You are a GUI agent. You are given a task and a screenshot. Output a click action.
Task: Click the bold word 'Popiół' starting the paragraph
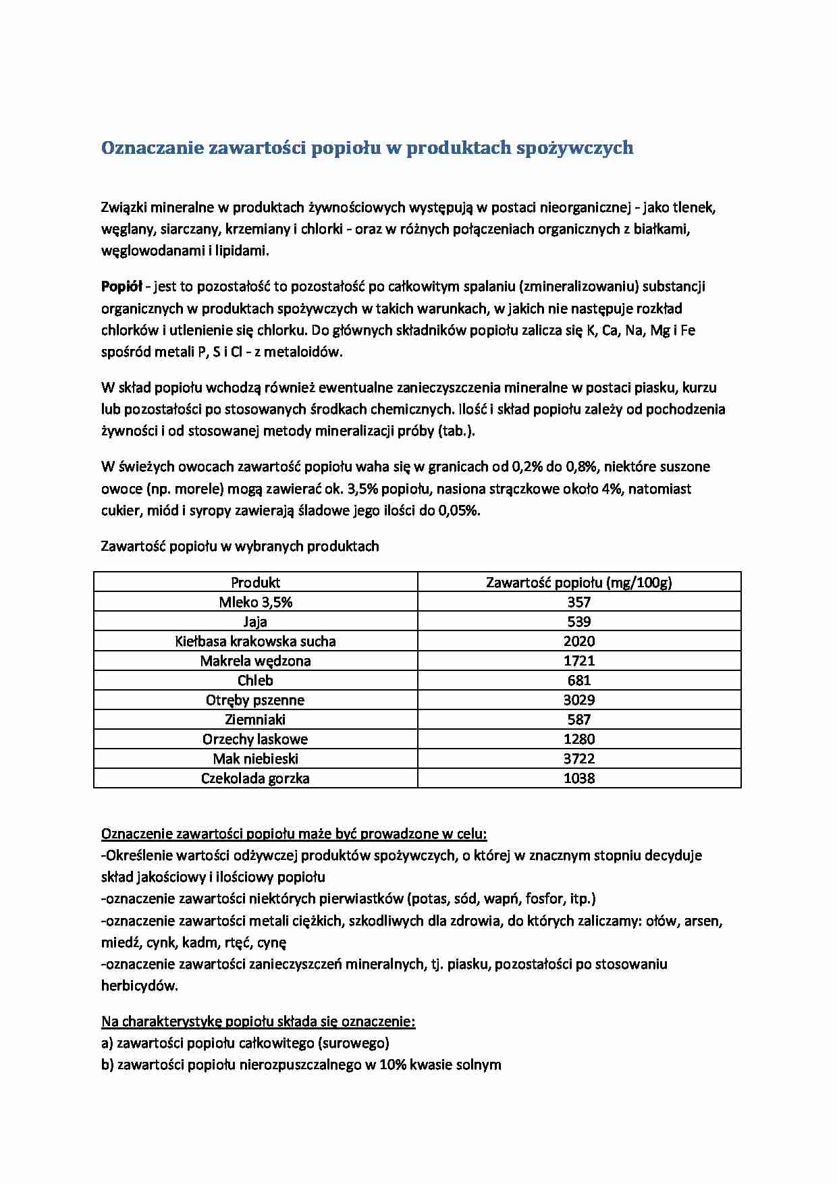pos(121,286)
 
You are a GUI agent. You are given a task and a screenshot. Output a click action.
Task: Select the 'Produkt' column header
pos(255,583)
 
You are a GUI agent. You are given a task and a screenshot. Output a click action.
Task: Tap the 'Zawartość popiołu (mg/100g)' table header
pos(578,583)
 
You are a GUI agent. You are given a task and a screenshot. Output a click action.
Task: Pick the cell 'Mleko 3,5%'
pos(255,602)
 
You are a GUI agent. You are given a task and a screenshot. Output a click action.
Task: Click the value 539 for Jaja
pos(578,622)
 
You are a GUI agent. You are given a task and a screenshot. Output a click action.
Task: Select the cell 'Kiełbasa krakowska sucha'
pos(255,641)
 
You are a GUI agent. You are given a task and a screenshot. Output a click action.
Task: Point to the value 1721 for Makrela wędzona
pos(578,661)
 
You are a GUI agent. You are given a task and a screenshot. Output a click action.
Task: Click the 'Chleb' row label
pos(255,680)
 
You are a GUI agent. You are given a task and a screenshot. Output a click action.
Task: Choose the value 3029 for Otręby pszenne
pos(578,700)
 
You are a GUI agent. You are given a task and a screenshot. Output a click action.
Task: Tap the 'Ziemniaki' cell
pos(255,720)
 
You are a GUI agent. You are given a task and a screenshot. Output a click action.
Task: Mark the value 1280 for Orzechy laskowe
pos(578,739)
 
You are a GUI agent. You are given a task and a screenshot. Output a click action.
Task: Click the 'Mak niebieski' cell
pos(255,759)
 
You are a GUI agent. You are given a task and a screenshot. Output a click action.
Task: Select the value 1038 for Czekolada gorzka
pos(578,778)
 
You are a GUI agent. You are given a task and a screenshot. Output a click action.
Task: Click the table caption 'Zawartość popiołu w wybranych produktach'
pos(240,546)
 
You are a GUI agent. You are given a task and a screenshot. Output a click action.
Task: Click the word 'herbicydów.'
pos(140,986)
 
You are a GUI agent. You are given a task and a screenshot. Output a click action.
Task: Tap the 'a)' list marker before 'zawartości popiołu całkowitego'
pos(107,1043)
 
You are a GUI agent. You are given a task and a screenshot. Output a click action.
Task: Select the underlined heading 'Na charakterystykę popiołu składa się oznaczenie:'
pos(258,1021)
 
